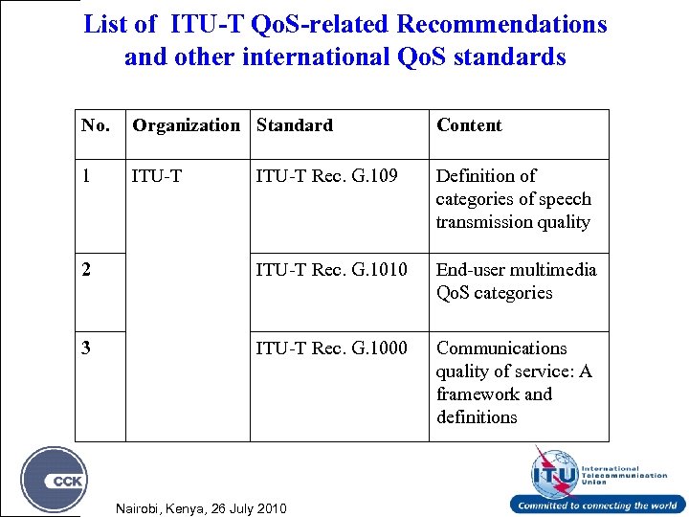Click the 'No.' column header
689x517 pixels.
pyautogui.click(x=96, y=125)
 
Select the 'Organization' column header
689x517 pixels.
pyautogui.click(x=187, y=125)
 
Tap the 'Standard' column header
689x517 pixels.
pyautogui.click(x=294, y=125)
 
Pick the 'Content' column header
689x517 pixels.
pyautogui.click(x=469, y=125)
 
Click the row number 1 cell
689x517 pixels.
pyautogui.click(x=87, y=176)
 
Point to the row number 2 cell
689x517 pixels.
pyautogui.click(x=87, y=270)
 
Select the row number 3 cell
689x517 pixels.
pyautogui.click(x=87, y=348)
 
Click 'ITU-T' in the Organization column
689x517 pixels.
pyautogui.click(x=155, y=176)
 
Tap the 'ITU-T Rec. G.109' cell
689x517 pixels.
pyautogui.click(x=324, y=176)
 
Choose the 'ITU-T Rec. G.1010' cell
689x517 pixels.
pyautogui.click(x=329, y=270)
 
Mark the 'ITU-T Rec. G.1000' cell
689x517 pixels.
pyautogui.click(x=329, y=348)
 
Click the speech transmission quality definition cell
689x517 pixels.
pyautogui.click(x=514, y=199)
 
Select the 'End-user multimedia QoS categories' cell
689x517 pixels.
pyautogui.click(x=516, y=281)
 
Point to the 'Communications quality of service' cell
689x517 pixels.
pyautogui.click(x=514, y=382)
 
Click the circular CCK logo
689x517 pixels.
pyautogui.click(x=55, y=480)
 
